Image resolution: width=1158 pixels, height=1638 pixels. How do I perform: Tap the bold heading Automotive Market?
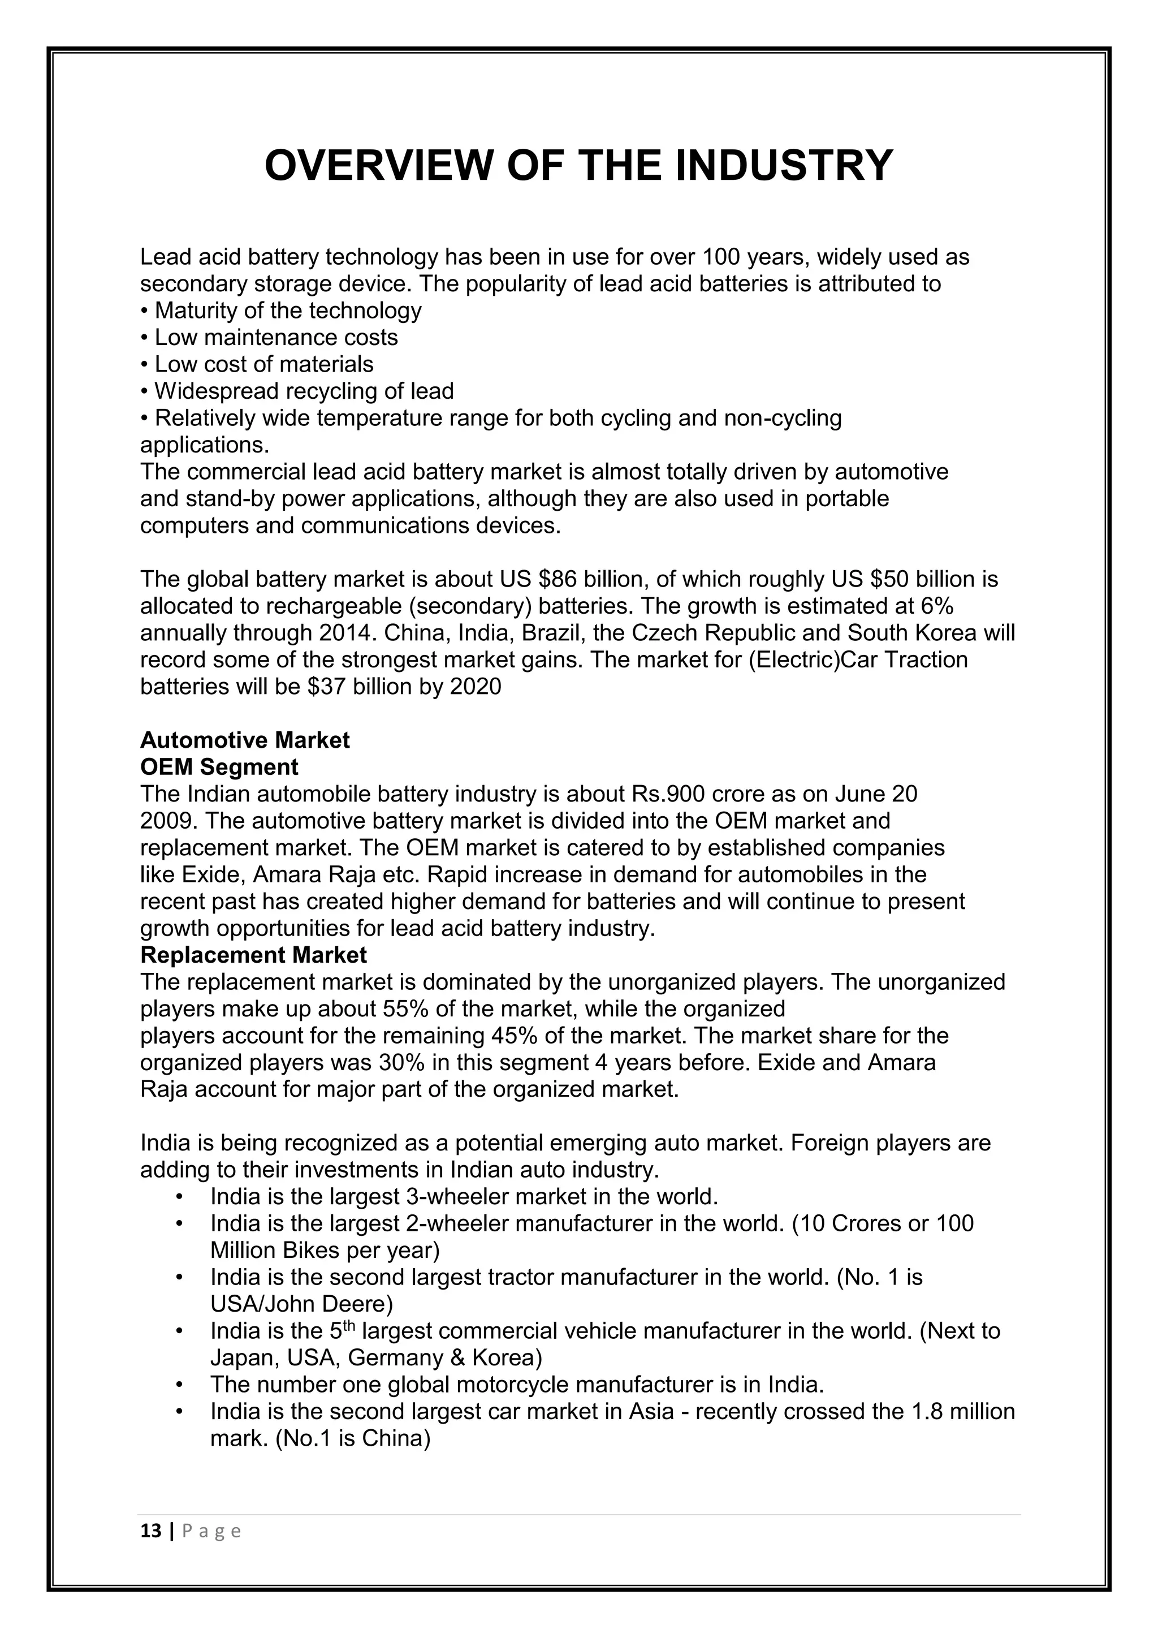coord(245,740)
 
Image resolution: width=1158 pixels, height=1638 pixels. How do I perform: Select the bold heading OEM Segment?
coord(219,767)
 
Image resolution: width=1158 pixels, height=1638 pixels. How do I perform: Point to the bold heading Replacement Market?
coord(253,955)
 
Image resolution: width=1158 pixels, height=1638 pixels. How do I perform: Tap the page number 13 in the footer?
coord(151,1532)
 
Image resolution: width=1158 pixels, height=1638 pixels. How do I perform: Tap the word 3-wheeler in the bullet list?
coord(456,1196)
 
